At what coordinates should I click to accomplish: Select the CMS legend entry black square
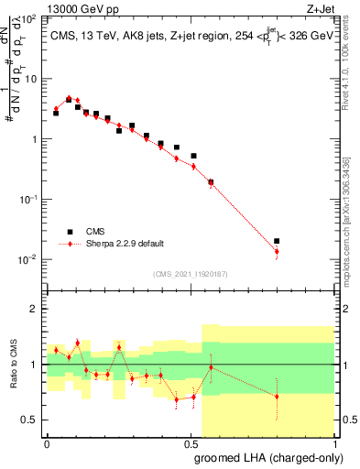click(69, 232)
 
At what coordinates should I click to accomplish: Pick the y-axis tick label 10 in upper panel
click(34, 79)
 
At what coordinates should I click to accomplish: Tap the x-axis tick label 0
click(47, 443)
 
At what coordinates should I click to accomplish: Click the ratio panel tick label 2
click(36, 309)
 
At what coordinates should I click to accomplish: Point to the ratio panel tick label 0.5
click(32, 420)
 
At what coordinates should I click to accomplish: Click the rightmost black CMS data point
click(277, 241)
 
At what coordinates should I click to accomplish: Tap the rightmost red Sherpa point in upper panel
click(277, 251)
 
